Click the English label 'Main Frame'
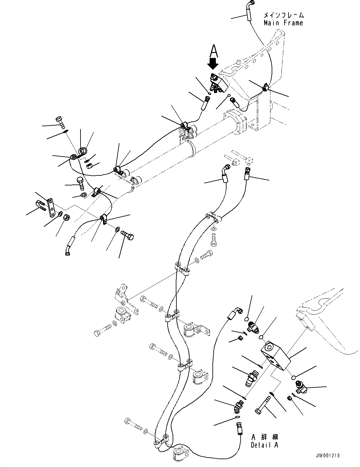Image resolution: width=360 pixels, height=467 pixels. tap(283, 23)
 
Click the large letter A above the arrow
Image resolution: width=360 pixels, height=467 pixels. tap(213, 50)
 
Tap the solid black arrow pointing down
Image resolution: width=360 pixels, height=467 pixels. tap(213, 64)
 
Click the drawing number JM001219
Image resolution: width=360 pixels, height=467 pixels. tap(328, 456)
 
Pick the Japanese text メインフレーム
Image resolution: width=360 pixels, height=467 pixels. tap(283, 15)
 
